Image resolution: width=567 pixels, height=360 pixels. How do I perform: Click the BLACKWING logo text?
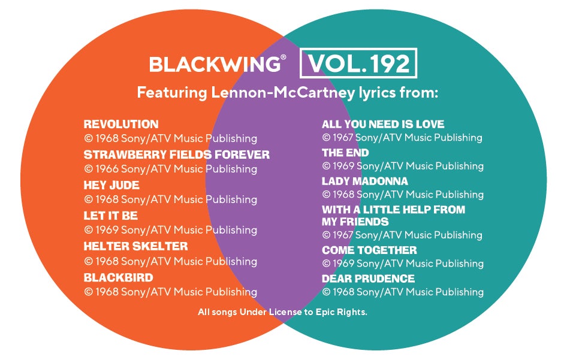click(x=214, y=64)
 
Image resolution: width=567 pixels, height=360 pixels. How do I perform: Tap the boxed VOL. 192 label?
click(x=358, y=64)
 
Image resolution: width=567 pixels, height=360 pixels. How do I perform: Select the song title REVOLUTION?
click(x=121, y=125)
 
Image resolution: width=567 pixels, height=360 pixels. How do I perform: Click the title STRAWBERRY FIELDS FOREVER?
click(x=177, y=155)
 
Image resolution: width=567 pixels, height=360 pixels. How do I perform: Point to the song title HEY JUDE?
click(x=111, y=185)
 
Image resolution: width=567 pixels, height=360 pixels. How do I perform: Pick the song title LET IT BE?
click(x=111, y=216)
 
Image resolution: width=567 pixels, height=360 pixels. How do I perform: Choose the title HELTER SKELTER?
click(x=135, y=246)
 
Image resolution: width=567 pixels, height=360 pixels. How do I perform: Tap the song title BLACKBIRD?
click(x=118, y=277)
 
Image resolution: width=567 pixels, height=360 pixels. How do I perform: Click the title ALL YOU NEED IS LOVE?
click(x=383, y=125)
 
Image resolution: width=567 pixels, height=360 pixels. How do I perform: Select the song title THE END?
click(x=345, y=153)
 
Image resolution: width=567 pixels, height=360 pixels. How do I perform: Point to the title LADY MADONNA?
click(x=365, y=181)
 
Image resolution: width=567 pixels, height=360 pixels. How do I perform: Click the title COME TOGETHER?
click(x=369, y=250)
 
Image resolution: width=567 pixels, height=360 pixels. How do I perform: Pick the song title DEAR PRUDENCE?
click(x=368, y=279)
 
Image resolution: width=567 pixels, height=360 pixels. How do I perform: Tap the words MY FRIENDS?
click(x=355, y=222)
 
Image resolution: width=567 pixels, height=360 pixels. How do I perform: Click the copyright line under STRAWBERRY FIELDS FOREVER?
click(x=171, y=169)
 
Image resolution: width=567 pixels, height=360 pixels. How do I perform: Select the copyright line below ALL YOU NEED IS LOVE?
click(x=402, y=138)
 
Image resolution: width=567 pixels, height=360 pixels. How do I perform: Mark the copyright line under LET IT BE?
click(x=171, y=230)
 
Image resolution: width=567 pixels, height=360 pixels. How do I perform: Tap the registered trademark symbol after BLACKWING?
click(x=283, y=58)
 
